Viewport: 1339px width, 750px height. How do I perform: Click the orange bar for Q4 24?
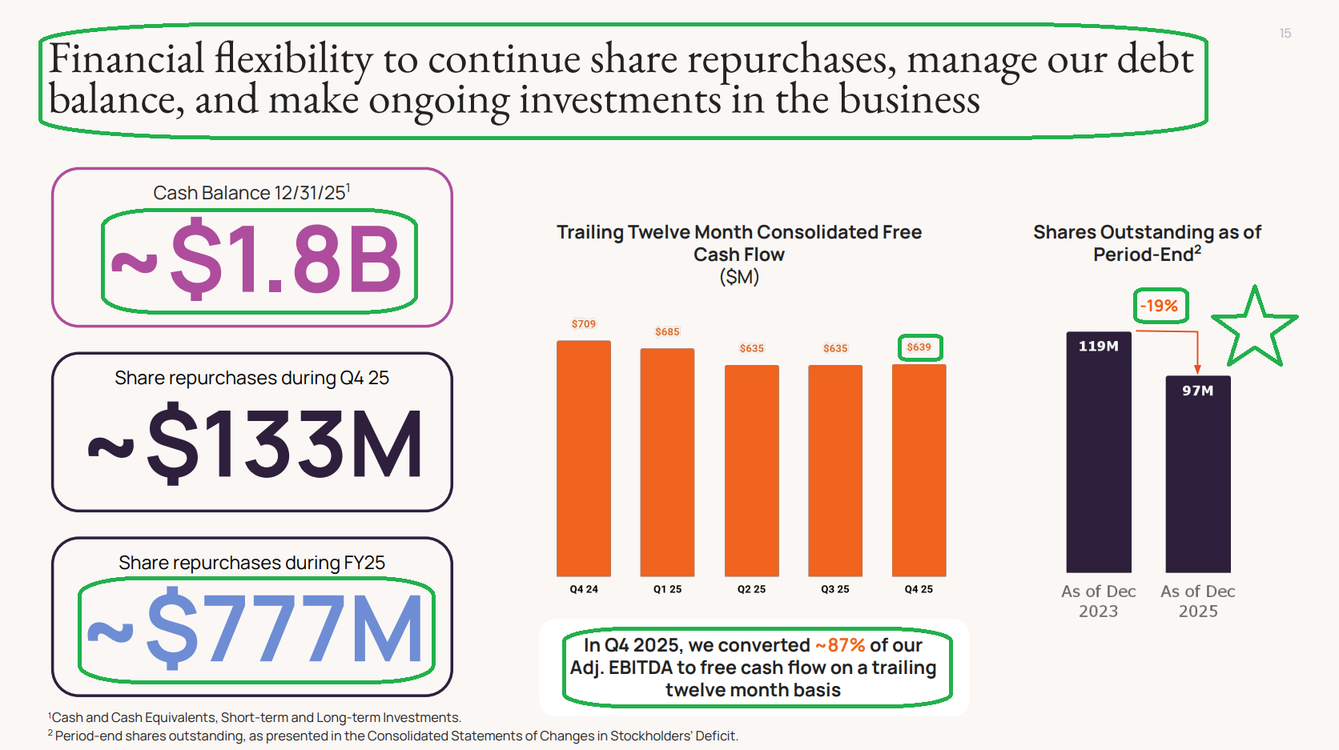(x=584, y=458)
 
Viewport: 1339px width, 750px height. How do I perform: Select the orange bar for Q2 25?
(x=751, y=470)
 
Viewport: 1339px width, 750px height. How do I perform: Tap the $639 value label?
(x=919, y=347)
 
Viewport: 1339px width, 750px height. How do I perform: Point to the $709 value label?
(x=584, y=324)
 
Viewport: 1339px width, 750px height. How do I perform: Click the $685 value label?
(x=667, y=332)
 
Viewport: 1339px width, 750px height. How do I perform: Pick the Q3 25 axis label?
(x=834, y=589)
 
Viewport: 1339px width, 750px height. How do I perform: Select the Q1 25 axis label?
(x=667, y=589)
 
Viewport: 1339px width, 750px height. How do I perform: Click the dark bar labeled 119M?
(x=1098, y=452)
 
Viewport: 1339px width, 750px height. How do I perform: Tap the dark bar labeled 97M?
(x=1197, y=474)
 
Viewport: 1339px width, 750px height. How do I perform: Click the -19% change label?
(x=1159, y=306)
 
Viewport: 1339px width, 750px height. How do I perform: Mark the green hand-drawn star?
(x=1253, y=329)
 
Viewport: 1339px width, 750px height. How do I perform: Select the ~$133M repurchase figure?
(x=256, y=445)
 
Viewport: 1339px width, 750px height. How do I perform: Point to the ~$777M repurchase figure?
(x=256, y=629)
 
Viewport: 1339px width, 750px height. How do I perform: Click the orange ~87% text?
(x=840, y=645)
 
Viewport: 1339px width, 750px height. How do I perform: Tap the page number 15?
(x=1285, y=34)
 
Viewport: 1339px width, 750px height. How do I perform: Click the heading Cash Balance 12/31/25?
(x=251, y=193)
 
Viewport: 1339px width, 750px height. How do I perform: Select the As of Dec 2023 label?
(x=1098, y=601)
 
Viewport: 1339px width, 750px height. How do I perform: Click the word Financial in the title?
(x=127, y=59)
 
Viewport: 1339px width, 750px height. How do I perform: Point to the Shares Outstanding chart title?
(x=1147, y=243)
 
